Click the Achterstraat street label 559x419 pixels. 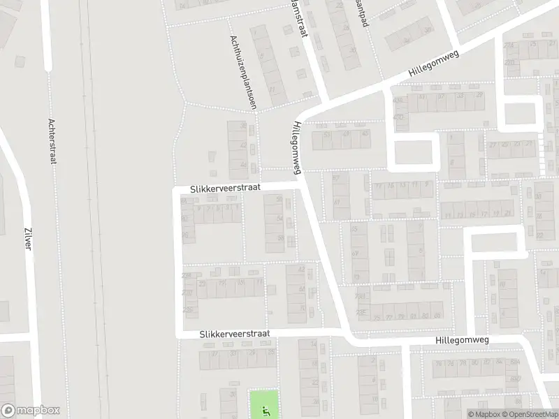click(x=52, y=140)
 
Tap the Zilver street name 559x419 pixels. click(x=29, y=240)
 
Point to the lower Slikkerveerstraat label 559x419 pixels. click(x=234, y=335)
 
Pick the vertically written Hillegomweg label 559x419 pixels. click(x=298, y=147)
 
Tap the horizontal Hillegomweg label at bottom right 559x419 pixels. click(x=461, y=339)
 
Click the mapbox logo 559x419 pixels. click(x=31, y=411)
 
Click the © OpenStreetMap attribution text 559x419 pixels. click(x=533, y=414)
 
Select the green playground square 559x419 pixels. click(x=264, y=404)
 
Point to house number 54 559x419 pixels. click(x=280, y=219)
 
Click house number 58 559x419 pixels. click(x=280, y=239)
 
